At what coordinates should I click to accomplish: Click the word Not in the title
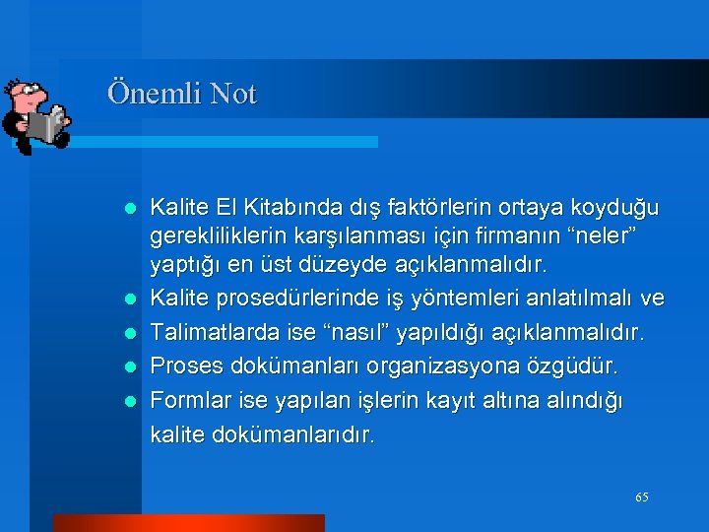click(232, 95)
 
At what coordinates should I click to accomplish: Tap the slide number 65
click(642, 498)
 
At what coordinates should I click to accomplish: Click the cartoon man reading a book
click(35, 114)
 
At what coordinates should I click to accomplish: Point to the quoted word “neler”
click(610, 236)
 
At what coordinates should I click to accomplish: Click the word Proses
click(185, 366)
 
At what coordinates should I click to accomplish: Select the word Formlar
click(189, 400)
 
